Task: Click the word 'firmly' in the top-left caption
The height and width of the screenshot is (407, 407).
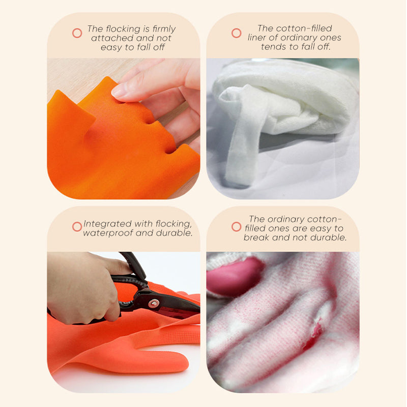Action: tap(164, 28)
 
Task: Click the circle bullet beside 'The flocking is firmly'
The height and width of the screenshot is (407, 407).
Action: tap(77, 33)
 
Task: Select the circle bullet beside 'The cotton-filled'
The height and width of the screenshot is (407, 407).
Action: tap(236, 33)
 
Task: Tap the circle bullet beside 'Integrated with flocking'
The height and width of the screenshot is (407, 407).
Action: tap(77, 226)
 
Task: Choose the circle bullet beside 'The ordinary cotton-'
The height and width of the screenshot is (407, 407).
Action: tap(236, 226)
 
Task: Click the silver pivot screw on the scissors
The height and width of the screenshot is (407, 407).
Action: tap(154, 303)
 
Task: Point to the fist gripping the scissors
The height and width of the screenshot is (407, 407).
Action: tap(83, 287)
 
